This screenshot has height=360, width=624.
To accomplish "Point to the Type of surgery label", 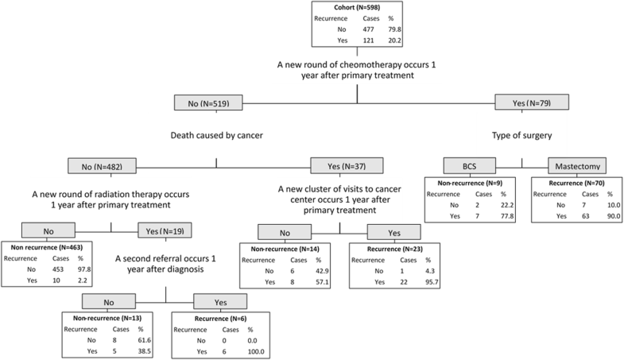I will tap(521, 135).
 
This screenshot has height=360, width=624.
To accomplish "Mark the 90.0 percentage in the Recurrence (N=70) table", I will tap(608, 216).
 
